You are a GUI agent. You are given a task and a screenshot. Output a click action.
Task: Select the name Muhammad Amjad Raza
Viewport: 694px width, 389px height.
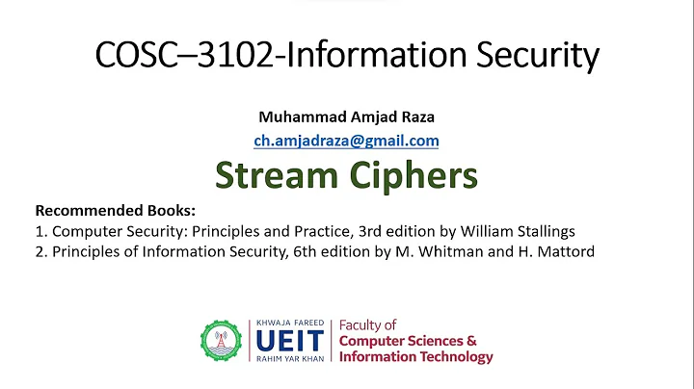click(346, 117)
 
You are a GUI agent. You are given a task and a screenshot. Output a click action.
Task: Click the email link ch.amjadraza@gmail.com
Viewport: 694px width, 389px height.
click(346, 141)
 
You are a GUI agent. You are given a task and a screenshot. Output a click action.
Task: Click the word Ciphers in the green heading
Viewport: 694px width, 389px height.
click(417, 175)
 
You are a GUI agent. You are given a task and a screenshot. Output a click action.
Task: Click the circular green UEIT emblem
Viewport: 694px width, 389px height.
click(224, 342)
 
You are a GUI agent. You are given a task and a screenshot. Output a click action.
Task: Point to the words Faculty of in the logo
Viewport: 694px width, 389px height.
click(367, 325)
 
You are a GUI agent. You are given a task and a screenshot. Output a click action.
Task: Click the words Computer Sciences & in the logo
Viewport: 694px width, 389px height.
click(409, 341)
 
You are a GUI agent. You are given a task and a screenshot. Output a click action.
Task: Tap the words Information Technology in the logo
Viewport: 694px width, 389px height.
click(416, 357)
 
